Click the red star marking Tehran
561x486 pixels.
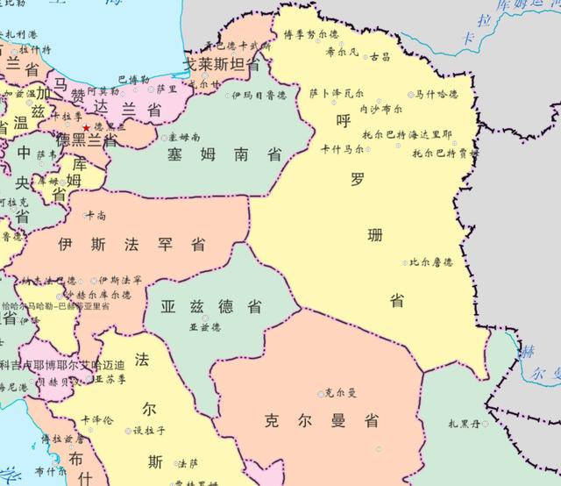point(86,128)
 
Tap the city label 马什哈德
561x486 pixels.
point(437,94)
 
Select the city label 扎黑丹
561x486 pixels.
point(465,424)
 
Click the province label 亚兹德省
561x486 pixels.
point(211,306)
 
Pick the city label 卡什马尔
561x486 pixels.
point(342,150)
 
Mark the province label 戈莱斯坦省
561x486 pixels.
point(220,65)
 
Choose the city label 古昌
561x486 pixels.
point(380,56)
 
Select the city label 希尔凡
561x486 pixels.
point(342,52)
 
